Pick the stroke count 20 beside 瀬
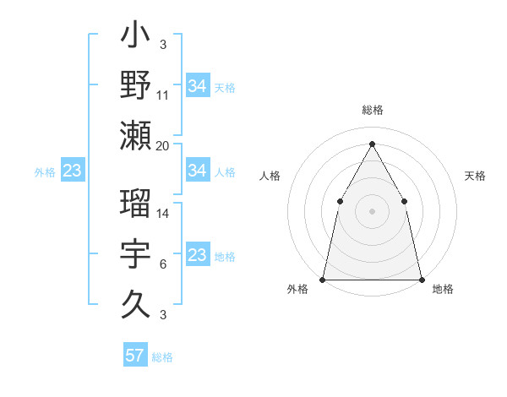(163, 146)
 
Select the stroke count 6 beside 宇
(162, 265)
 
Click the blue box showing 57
(135, 356)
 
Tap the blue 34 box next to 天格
(198, 86)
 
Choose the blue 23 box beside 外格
(72, 171)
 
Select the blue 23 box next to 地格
(197, 255)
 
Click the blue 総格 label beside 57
(162, 357)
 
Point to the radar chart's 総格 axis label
(373, 110)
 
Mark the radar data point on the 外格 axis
(323, 279)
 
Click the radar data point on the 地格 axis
(421, 279)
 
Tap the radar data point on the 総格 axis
(372, 144)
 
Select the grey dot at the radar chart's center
(372, 210)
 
